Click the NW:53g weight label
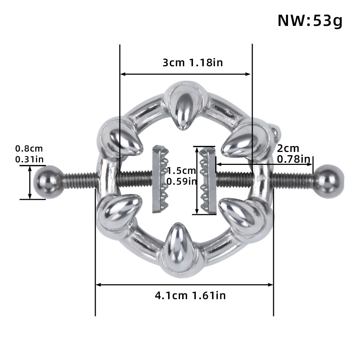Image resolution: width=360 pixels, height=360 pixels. tap(310, 21)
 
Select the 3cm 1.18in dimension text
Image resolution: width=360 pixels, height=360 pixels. tap(193, 63)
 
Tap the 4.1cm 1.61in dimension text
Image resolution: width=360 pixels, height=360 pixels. tap(190, 296)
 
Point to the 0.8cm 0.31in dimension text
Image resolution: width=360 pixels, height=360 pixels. tap(29, 153)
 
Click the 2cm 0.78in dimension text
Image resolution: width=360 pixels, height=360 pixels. tap(293, 153)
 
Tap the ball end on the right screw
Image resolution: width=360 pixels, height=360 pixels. tap(329, 179)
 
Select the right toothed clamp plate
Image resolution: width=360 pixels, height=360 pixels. tap(208, 180)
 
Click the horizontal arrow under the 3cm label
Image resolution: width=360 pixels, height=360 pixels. tap(185, 74)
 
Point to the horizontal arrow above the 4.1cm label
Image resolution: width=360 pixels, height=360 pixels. tap(184, 285)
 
